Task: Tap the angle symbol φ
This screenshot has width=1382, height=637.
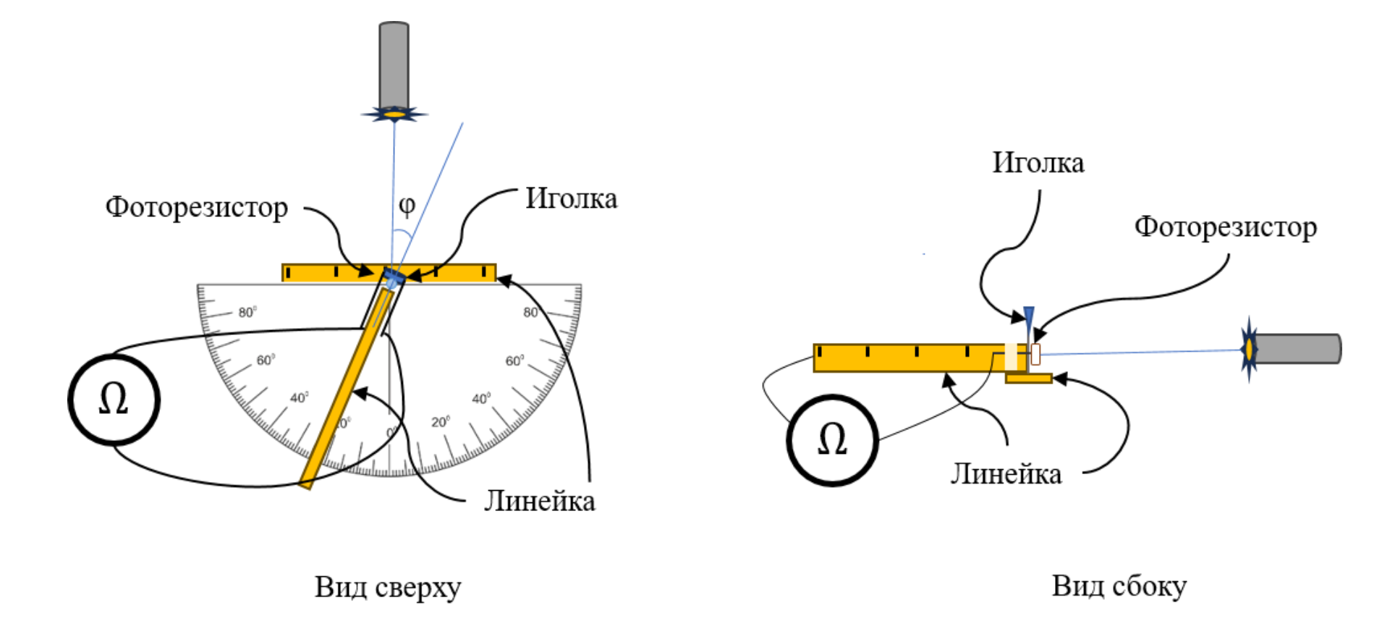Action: pyautogui.click(x=407, y=206)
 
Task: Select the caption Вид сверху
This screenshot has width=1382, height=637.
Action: pyautogui.click(x=388, y=586)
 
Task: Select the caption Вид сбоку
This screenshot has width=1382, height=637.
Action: pyautogui.click(x=1119, y=586)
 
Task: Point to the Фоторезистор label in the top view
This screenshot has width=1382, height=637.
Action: pyautogui.click(x=197, y=207)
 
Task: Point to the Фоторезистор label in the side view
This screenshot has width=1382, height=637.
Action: pyautogui.click(x=1226, y=227)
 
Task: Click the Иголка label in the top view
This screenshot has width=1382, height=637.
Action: pyautogui.click(x=571, y=198)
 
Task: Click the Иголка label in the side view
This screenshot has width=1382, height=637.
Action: pyautogui.click(x=1038, y=162)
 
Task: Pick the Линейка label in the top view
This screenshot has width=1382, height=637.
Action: pyautogui.click(x=540, y=501)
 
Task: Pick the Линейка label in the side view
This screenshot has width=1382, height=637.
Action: pyautogui.click(x=1006, y=473)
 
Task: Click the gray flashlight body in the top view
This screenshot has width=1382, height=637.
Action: pyautogui.click(x=394, y=65)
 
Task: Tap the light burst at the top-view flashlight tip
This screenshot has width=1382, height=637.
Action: pyautogui.click(x=394, y=114)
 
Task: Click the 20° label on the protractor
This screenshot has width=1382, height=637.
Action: pyautogui.click(x=441, y=422)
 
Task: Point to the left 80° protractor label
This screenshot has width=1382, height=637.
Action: pyautogui.click(x=247, y=312)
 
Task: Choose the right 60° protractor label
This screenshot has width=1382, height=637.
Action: pyautogui.click(x=514, y=360)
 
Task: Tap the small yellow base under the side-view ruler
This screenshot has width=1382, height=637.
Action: pyautogui.click(x=1028, y=378)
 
